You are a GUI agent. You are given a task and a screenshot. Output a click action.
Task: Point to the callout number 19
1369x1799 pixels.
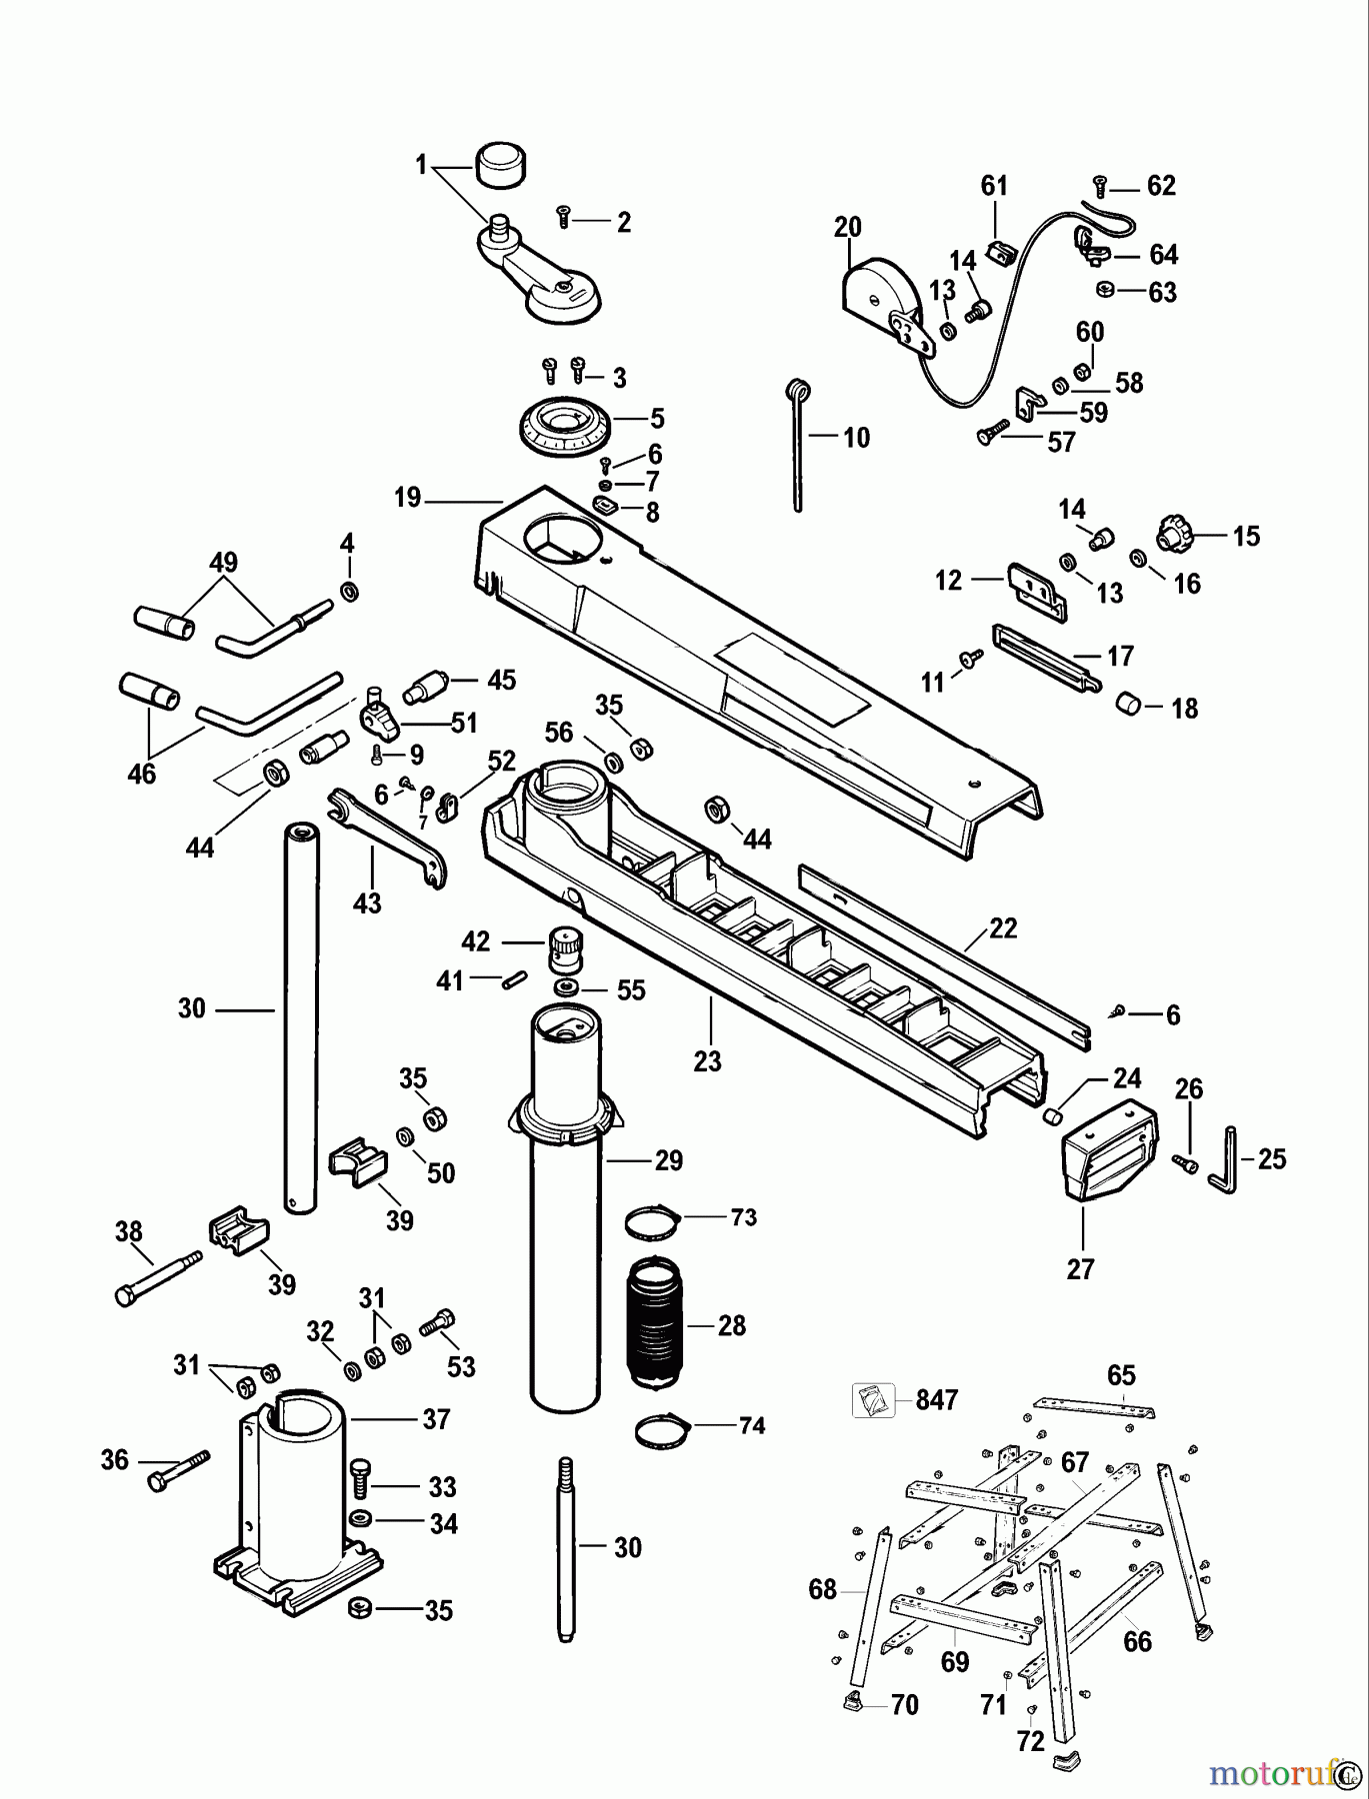[407, 498]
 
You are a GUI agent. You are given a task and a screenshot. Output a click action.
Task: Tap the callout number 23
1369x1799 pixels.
[707, 1060]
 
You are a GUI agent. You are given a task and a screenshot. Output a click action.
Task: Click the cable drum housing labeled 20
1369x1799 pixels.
[879, 296]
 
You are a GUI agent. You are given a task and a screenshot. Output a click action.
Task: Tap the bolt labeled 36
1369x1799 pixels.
[178, 1472]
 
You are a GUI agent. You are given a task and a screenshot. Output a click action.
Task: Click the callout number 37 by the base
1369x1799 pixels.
[436, 1418]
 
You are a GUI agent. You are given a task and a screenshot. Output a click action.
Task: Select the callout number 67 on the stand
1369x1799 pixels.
[1075, 1462]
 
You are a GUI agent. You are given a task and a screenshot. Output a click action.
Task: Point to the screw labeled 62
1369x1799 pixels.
[1100, 184]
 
